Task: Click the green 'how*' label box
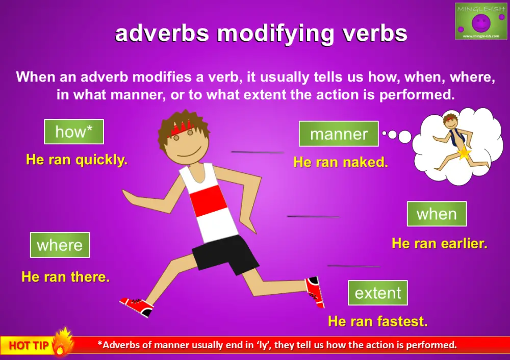click(74, 132)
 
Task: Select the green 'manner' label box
click(339, 134)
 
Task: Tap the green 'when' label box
click(437, 214)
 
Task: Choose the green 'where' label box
click(60, 245)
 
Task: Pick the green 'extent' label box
click(378, 293)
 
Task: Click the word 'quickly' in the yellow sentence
click(101, 160)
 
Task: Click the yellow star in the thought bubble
click(464, 153)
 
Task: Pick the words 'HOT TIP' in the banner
click(29, 346)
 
